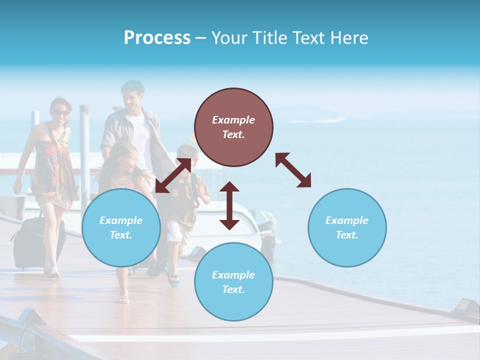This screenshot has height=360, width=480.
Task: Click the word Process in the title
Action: (157, 38)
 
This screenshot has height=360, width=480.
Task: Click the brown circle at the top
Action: (233, 127)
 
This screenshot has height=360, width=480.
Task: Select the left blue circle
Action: (121, 227)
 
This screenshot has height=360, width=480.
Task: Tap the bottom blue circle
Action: (233, 281)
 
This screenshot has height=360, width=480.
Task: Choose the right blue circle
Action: (346, 227)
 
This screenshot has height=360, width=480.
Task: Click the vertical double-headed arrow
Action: (229, 205)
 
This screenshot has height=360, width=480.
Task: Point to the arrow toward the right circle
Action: (293, 170)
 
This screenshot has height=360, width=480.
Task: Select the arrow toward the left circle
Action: (173, 175)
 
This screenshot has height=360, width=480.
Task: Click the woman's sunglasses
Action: (61, 113)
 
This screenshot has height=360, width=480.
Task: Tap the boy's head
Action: (188, 155)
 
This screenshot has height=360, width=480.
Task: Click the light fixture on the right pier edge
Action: (466, 305)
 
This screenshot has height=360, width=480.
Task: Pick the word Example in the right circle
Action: (346, 220)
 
